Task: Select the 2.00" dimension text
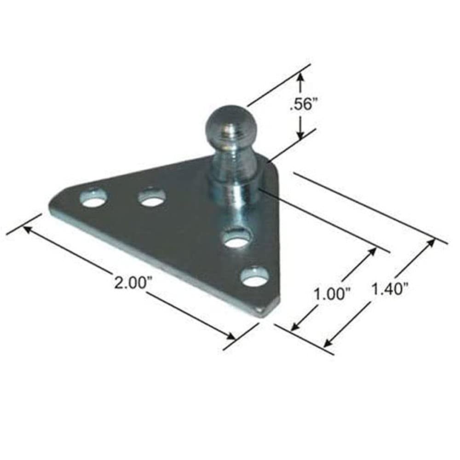pos(130,282)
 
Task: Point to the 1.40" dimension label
pos(390,289)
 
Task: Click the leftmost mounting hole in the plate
pos(93,198)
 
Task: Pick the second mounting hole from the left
pos(152,197)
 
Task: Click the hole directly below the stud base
pos(237,239)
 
